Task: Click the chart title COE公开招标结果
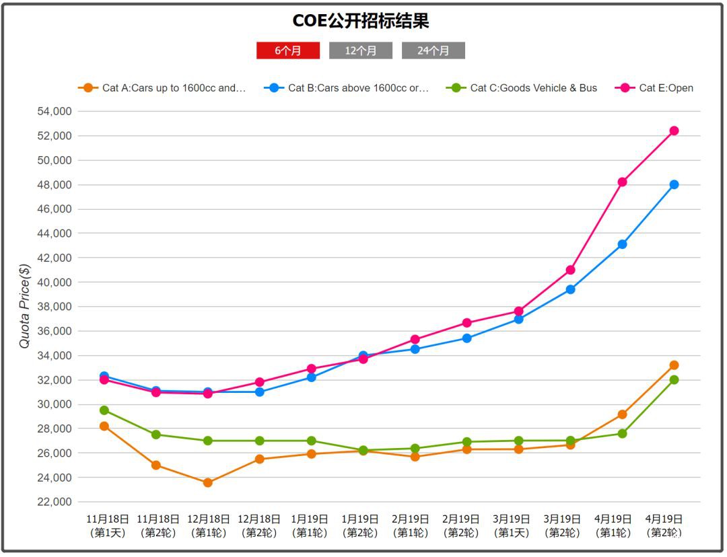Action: pyautogui.click(x=361, y=22)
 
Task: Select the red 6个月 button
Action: pyautogui.click(x=287, y=50)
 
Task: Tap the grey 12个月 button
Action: pyautogui.click(x=360, y=50)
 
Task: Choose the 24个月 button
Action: pyautogui.click(x=433, y=50)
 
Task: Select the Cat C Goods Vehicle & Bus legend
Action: pyautogui.click(x=523, y=88)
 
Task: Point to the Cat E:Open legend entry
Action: pyautogui.click(x=656, y=88)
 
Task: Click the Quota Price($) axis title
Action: pyautogui.click(x=25, y=306)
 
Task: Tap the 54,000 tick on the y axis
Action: pyautogui.click(x=53, y=112)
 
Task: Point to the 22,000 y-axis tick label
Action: pyautogui.click(x=53, y=502)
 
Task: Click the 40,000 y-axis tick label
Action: pyautogui.click(x=53, y=283)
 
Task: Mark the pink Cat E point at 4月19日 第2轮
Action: pyautogui.click(x=674, y=131)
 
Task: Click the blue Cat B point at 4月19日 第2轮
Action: pyautogui.click(x=674, y=184)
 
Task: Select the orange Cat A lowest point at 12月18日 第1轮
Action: pyautogui.click(x=207, y=482)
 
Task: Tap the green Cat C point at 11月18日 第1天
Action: pyautogui.click(x=104, y=410)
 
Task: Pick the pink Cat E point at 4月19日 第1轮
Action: pyautogui.click(x=622, y=182)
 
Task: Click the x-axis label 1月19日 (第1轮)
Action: pyautogui.click(x=310, y=526)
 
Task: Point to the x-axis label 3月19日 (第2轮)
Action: pyautogui.click(x=562, y=526)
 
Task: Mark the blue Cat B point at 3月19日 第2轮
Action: pyautogui.click(x=570, y=289)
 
